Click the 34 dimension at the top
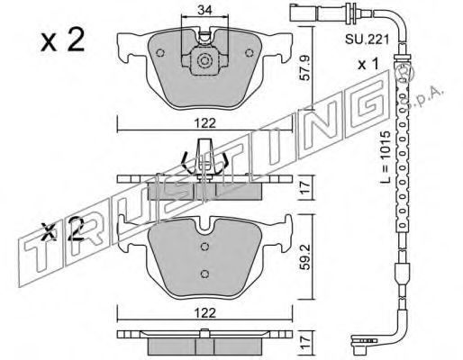click(x=204, y=10)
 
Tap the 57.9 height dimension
click(x=305, y=69)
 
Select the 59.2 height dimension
click(x=305, y=256)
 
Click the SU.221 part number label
click(x=367, y=39)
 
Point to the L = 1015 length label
click(x=385, y=157)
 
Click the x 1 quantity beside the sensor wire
click(x=368, y=64)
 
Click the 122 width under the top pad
click(x=204, y=123)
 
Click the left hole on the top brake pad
click(x=160, y=53)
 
